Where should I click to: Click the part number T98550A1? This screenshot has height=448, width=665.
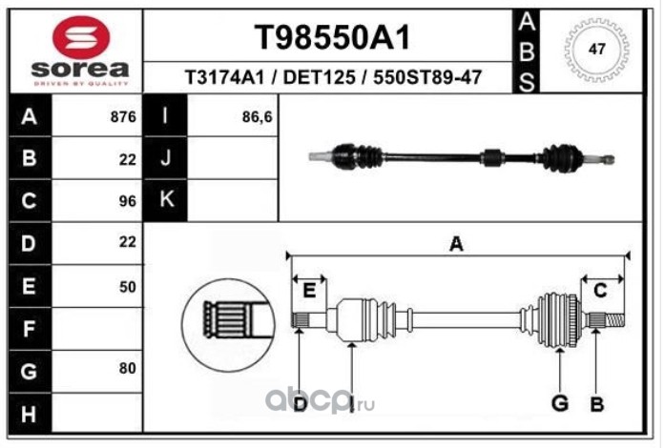click(330, 38)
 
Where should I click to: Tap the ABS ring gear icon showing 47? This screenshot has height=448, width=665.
click(597, 50)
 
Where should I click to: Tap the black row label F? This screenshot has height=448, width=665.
click(27, 328)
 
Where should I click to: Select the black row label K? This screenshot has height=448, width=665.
click(166, 200)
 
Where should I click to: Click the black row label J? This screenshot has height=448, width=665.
click(166, 159)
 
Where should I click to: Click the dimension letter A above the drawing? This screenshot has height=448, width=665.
click(456, 245)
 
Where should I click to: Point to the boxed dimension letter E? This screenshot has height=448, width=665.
click(309, 290)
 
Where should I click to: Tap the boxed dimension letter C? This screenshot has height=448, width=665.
click(601, 290)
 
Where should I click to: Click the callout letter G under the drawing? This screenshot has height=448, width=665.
click(560, 403)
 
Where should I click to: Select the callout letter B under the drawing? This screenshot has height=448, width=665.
click(597, 403)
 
